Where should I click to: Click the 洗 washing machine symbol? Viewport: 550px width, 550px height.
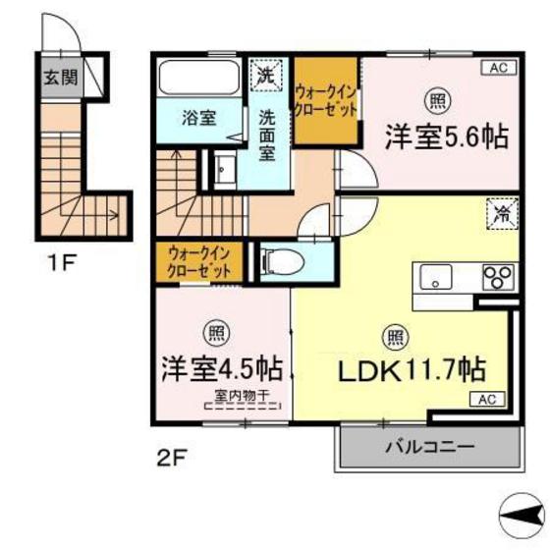coord(265,72)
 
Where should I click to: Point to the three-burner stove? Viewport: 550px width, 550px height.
coord(496,276)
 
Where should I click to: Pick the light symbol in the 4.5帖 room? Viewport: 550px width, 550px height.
coord(214,332)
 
